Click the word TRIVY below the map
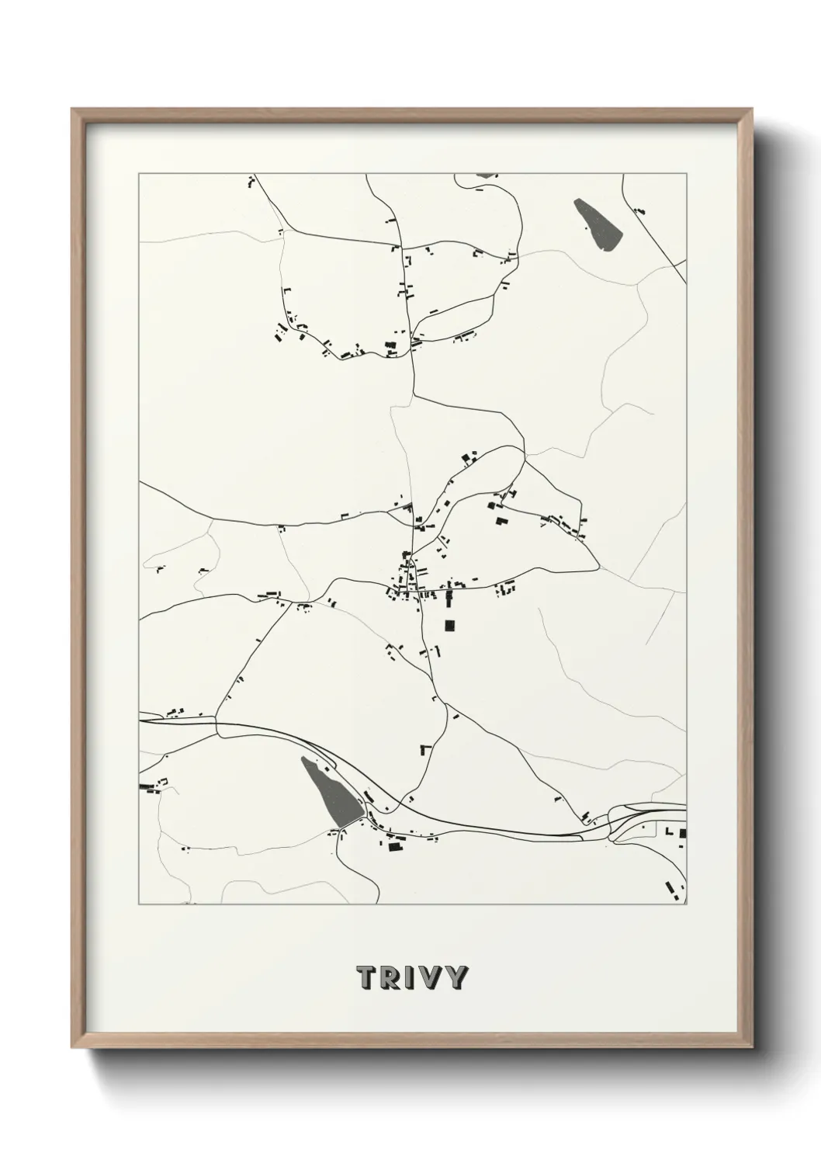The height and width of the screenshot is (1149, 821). click(412, 977)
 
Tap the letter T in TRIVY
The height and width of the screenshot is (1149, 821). click(364, 977)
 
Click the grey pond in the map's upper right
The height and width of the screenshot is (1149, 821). click(598, 224)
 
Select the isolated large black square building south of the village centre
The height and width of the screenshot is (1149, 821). click(449, 624)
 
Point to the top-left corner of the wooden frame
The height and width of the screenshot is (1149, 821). click(72, 109)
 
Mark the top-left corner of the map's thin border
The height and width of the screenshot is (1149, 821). click(139, 174)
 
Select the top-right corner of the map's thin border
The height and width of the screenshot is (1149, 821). click(686, 174)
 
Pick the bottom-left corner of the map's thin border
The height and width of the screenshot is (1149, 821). click(139, 904)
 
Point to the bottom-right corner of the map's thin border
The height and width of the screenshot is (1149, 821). click(686, 904)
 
